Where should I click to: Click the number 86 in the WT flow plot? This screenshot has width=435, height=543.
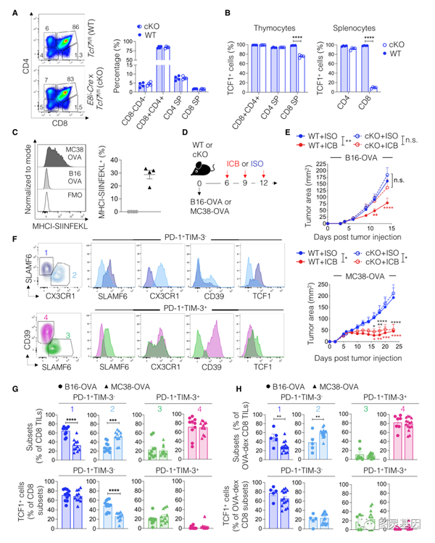72,26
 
